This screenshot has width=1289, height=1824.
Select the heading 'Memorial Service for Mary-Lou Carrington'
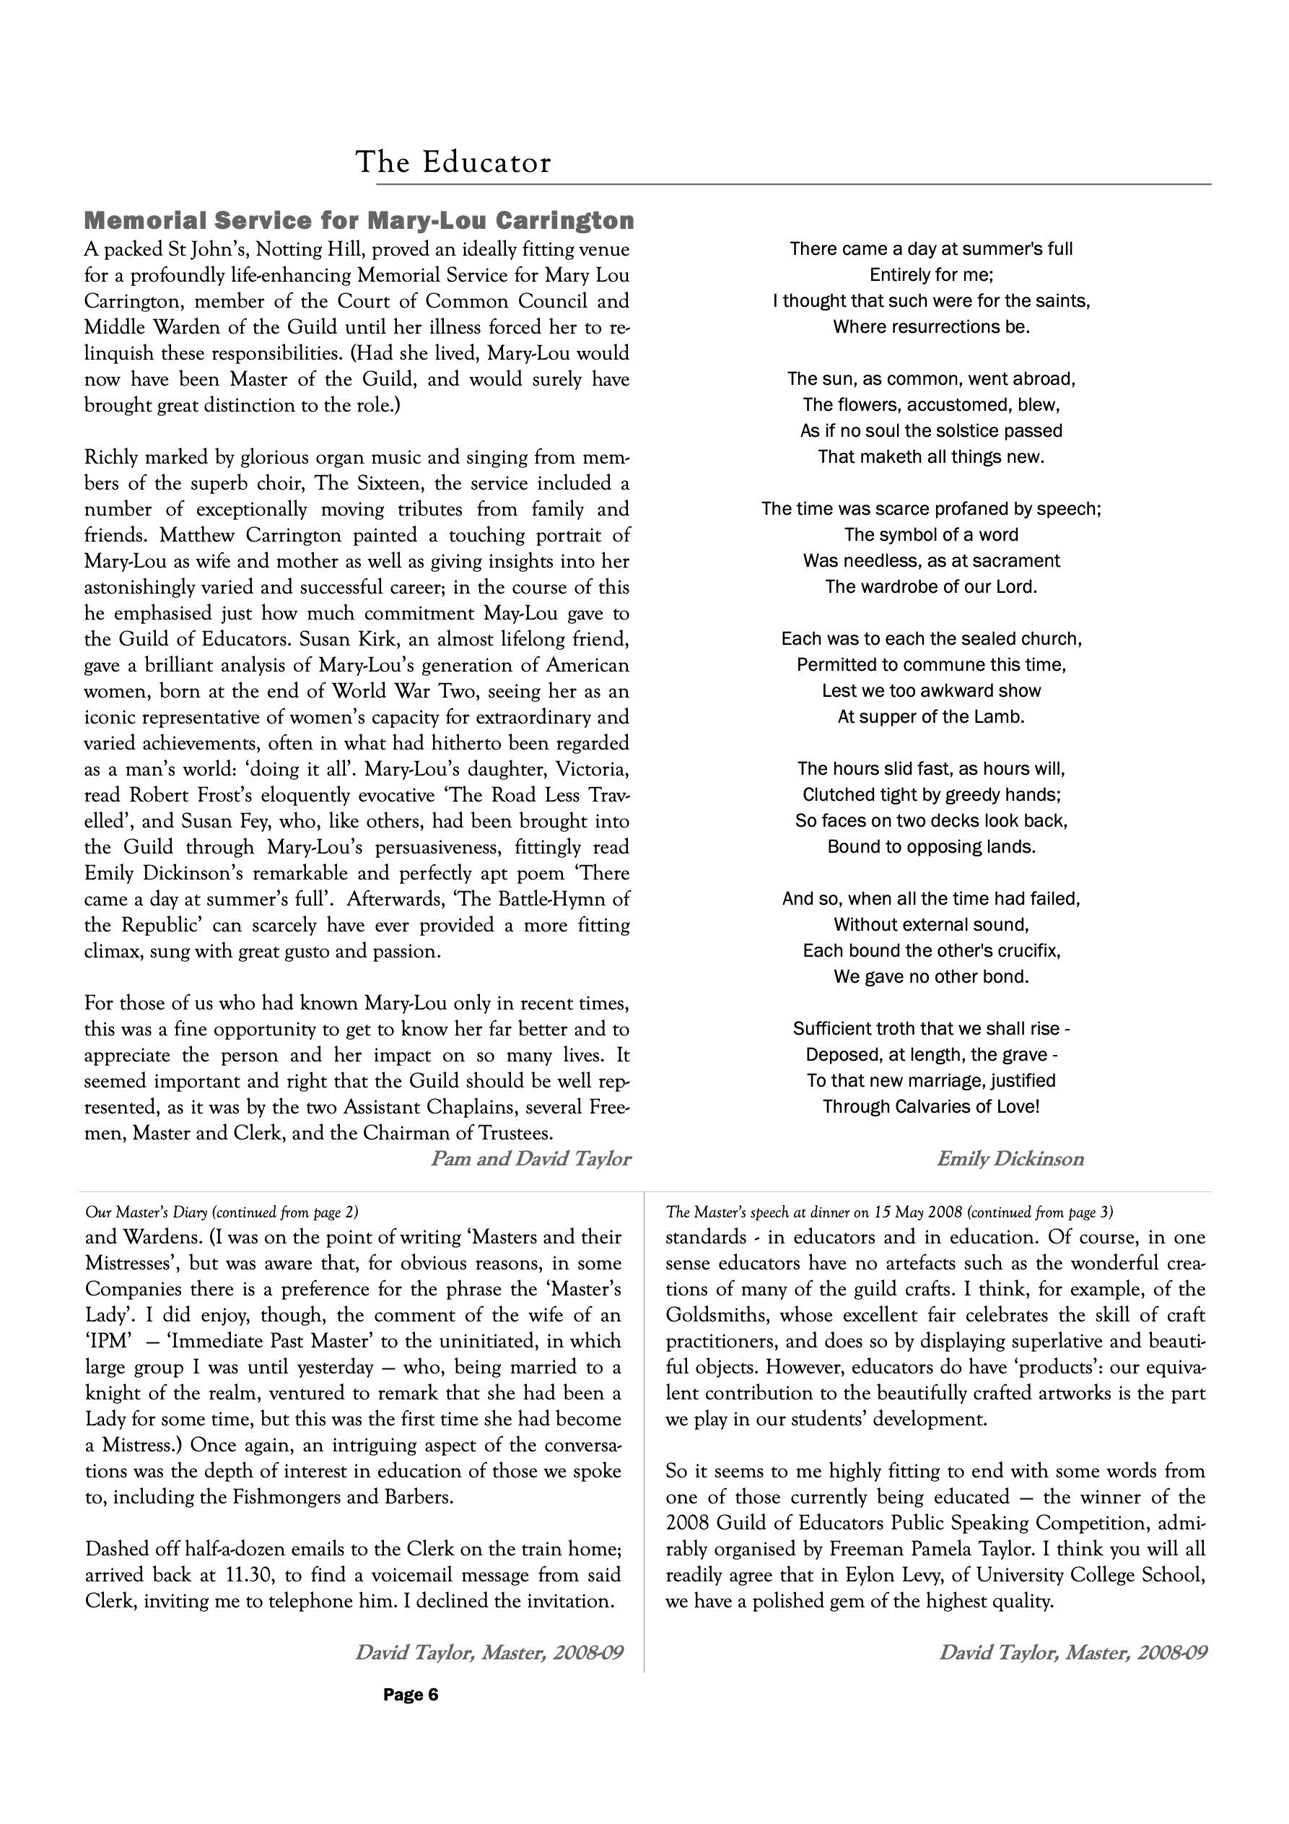[359, 220]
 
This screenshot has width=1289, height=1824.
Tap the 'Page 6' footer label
[410, 1695]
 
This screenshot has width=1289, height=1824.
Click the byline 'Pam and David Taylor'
[530, 1159]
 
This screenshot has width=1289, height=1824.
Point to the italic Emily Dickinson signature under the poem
[1010, 1159]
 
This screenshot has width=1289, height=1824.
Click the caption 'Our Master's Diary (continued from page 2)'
[222, 1212]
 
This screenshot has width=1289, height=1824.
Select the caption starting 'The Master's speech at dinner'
[889, 1212]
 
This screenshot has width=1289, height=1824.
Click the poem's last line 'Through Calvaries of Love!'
[931, 1107]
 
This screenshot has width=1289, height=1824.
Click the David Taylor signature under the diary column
[489, 1653]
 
